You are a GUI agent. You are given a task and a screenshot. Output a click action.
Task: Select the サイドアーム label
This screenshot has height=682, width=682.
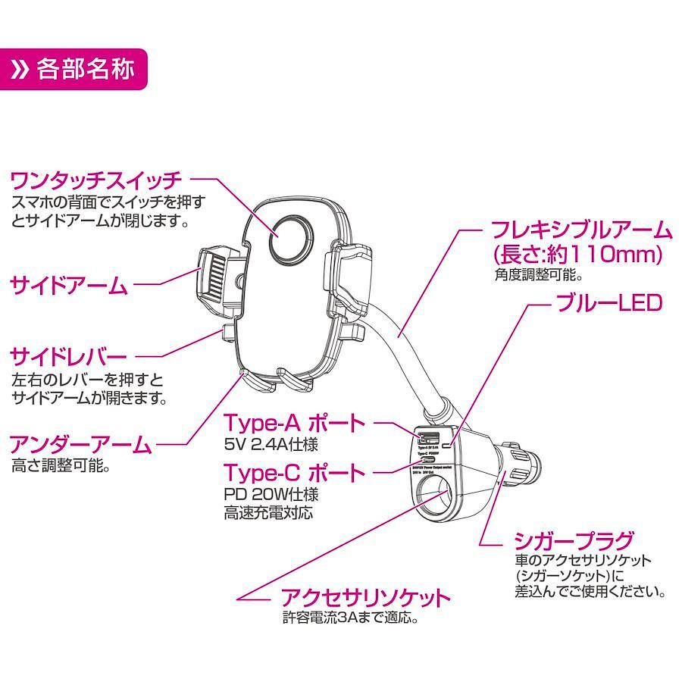coord(69,286)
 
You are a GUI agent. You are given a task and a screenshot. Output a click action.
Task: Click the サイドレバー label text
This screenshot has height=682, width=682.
coord(69,356)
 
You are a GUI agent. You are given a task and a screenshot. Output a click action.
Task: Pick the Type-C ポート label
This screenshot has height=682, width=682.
coord(295,472)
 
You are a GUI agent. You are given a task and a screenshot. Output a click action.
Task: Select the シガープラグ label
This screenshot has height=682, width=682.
coord(574,541)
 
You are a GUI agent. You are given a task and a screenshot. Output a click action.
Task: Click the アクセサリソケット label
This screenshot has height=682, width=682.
coord(365,597)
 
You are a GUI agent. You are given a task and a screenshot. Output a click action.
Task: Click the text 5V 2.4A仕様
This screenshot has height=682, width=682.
coord(271,443)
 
